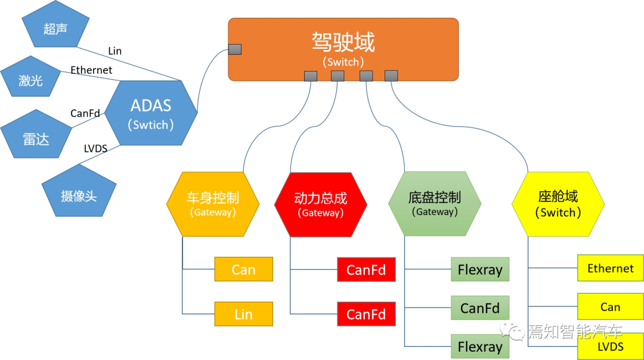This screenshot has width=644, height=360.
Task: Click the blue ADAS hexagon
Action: (151, 114)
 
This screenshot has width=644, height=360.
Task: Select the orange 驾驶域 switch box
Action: (343, 48)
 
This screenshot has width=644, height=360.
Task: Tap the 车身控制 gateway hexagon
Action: (213, 204)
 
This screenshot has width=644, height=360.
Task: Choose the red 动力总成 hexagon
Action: (320, 204)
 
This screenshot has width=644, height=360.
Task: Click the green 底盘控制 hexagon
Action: (434, 203)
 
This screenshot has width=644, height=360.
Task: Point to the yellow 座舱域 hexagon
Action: (558, 203)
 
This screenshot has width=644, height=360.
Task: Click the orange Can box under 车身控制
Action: (243, 269)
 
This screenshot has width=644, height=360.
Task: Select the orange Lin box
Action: (243, 314)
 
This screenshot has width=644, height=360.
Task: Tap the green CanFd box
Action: (480, 308)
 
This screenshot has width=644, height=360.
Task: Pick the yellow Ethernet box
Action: (610, 268)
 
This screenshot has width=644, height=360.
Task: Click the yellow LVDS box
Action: (610, 346)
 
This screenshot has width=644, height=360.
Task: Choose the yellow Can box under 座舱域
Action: (610, 306)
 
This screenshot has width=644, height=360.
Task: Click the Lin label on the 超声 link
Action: (114, 51)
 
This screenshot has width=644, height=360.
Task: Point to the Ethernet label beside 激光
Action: (91, 70)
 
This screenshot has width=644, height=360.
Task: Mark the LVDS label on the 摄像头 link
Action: (95, 148)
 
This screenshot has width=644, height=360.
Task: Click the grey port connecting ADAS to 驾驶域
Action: (235, 49)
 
